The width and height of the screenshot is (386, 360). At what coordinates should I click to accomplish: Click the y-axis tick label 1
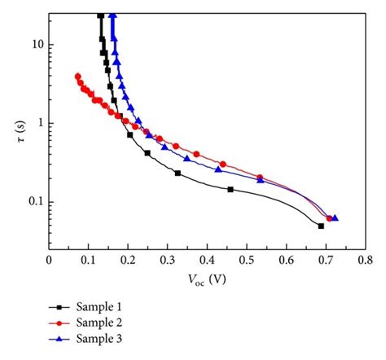[38, 123]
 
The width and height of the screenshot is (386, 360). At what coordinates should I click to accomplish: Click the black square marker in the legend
[59, 307]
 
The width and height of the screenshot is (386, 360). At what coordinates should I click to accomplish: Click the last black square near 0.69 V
[321, 226]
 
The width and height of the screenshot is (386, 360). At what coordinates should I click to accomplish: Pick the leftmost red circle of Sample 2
[77, 77]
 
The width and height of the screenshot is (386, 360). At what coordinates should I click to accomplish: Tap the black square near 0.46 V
[230, 189]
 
